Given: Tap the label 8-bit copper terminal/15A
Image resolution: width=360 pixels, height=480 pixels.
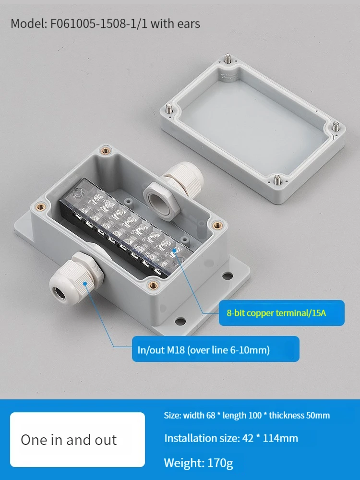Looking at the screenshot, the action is click(x=276, y=313).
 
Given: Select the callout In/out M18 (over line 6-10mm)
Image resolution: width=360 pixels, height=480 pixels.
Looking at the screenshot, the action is click(x=204, y=350).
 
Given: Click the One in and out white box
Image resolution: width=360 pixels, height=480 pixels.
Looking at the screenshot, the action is click(x=77, y=440).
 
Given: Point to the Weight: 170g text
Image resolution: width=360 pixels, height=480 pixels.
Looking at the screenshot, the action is click(x=198, y=463).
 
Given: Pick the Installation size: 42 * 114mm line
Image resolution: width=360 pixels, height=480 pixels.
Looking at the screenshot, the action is click(x=231, y=438).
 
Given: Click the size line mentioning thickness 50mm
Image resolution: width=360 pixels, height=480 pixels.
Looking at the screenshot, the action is click(x=247, y=415).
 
